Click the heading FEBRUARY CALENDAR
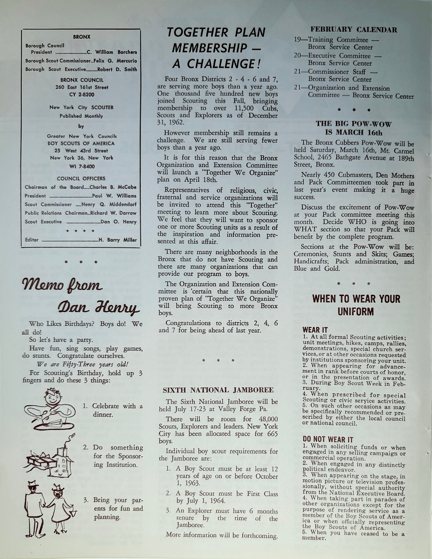tap(354, 29)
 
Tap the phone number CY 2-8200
tap(81, 94)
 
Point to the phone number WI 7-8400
tap(81, 166)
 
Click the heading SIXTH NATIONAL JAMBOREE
tap(218, 390)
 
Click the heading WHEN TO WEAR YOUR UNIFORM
tap(356, 305)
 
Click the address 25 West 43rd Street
tap(81, 151)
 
